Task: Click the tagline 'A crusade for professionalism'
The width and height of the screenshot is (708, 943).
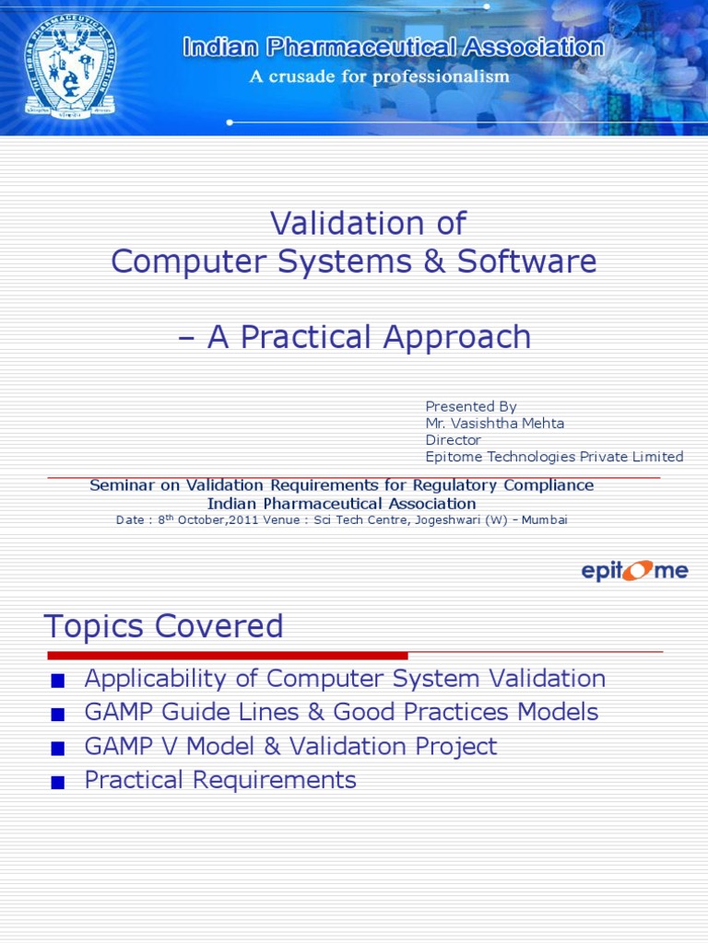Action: point(379,76)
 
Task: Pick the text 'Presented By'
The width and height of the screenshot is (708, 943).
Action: point(470,406)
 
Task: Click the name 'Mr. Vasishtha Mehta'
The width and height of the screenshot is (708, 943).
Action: point(494,423)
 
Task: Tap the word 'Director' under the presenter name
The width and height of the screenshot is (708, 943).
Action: point(453,440)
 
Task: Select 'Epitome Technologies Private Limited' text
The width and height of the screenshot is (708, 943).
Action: point(554,457)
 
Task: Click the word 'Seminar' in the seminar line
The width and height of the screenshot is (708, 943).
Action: point(121,485)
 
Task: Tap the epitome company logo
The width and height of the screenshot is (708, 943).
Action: point(634,571)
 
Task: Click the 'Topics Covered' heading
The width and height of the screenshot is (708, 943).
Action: point(163,626)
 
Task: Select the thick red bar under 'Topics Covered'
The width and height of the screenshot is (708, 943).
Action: point(227,656)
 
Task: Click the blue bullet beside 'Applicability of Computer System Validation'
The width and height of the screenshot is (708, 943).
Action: point(58,681)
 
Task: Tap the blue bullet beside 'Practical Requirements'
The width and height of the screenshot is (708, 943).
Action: point(58,783)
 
